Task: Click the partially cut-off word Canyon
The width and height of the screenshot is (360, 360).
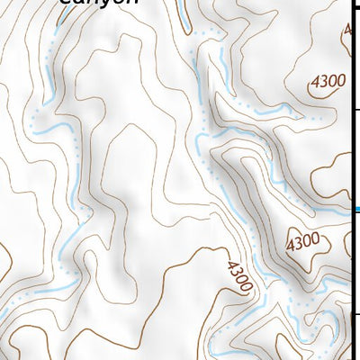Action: [100, 3]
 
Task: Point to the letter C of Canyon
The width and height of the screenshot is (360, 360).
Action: [65, 2]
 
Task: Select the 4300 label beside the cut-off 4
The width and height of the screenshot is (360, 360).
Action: [326, 81]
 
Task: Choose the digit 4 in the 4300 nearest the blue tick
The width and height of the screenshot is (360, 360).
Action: [291, 243]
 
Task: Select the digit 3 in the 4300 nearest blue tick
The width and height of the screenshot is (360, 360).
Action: [299, 242]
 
